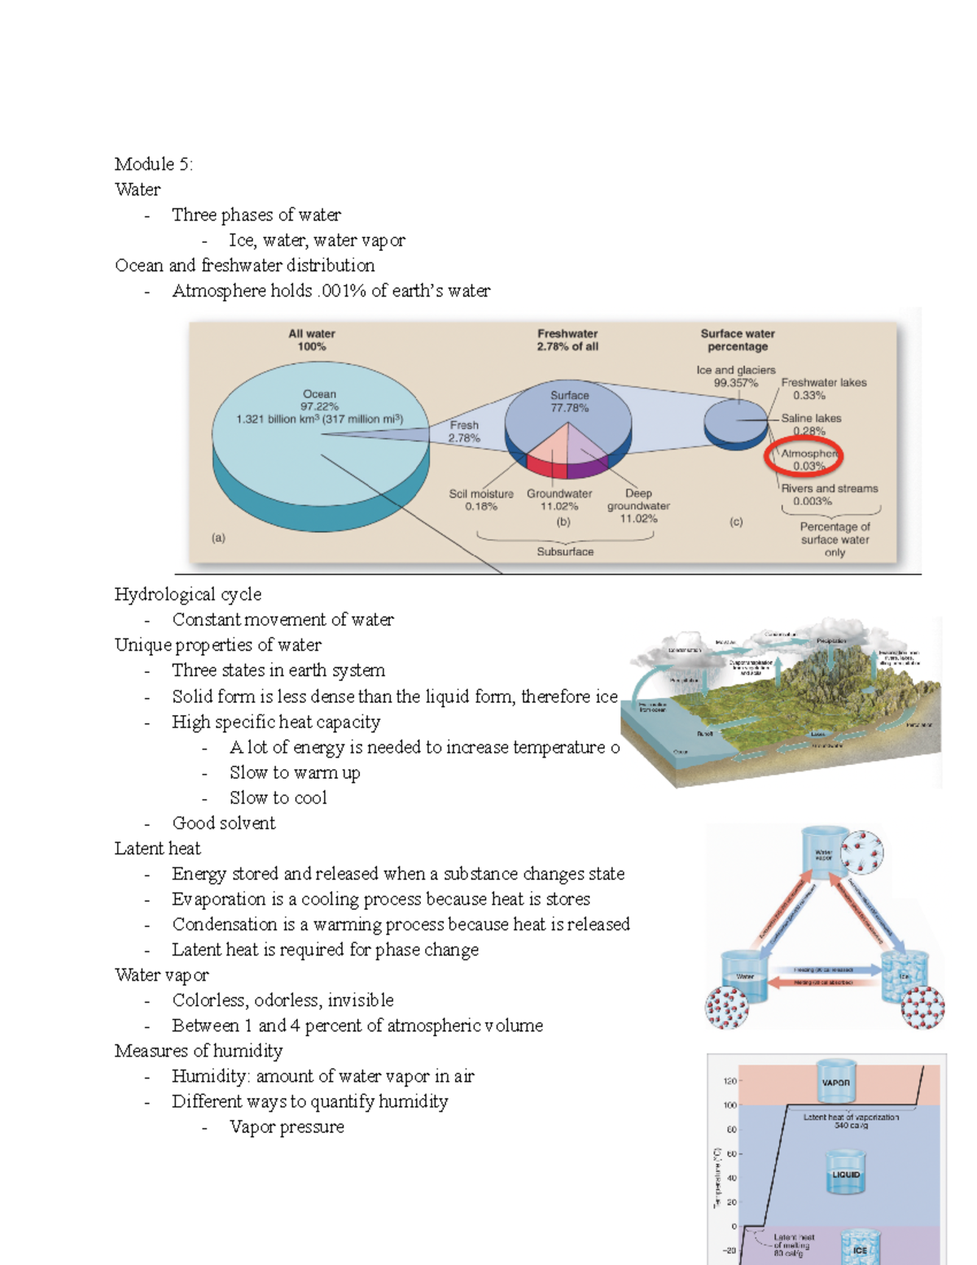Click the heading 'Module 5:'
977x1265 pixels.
(x=153, y=165)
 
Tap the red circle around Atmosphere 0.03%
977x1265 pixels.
(x=803, y=459)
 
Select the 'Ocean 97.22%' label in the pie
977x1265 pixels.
(x=319, y=400)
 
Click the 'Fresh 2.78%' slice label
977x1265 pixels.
(x=464, y=432)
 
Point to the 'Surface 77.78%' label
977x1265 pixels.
(x=569, y=402)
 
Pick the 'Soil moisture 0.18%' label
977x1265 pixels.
(x=481, y=500)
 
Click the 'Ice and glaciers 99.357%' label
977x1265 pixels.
(x=736, y=376)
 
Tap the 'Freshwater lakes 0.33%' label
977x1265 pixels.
(x=823, y=389)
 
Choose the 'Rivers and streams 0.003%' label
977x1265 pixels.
(x=829, y=494)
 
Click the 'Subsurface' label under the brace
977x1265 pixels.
(x=565, y=551)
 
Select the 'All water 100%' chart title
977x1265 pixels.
(x=312, y=340)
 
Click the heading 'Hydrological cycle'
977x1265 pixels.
(x=188, y=595)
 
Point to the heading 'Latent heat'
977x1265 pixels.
(x=157, y=849)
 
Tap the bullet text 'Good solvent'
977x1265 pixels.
(x=224, y=824)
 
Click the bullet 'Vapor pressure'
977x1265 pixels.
(x=287, y=1127)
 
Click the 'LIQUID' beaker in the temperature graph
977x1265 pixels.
(x=845, y=1173)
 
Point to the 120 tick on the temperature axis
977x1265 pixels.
(x=729, y=1082)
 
